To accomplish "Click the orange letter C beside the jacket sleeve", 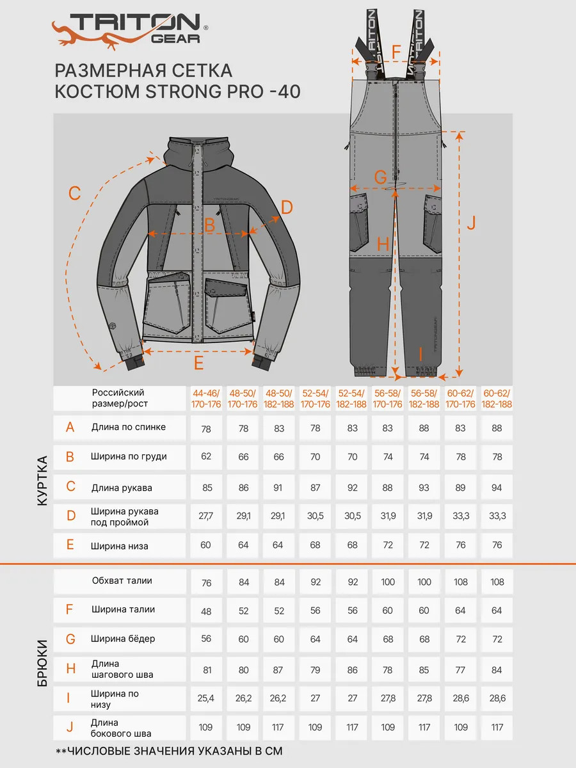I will tap(75, 193).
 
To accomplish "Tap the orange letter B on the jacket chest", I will tap(209, 225).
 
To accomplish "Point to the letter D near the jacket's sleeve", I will tap(286, 207).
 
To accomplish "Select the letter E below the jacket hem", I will tap(198, 363).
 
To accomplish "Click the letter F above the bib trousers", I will tap(396, 51).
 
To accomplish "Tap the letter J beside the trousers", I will tap(470, 223).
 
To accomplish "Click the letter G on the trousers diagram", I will tap(380, 177).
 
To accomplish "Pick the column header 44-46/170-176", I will tap(206, 398).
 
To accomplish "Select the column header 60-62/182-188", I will tap(497, 398).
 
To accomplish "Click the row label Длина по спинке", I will tap(129, 427).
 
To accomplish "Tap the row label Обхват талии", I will tap(122, 580).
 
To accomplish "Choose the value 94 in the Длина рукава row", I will tap(497, 488).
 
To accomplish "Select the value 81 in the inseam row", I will tap(206, 669).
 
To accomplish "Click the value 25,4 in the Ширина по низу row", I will tap(206, 698).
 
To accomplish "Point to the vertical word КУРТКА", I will tap(42, 481).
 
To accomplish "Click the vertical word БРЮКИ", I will tap(42, 663).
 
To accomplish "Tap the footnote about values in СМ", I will tap(169, 751).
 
